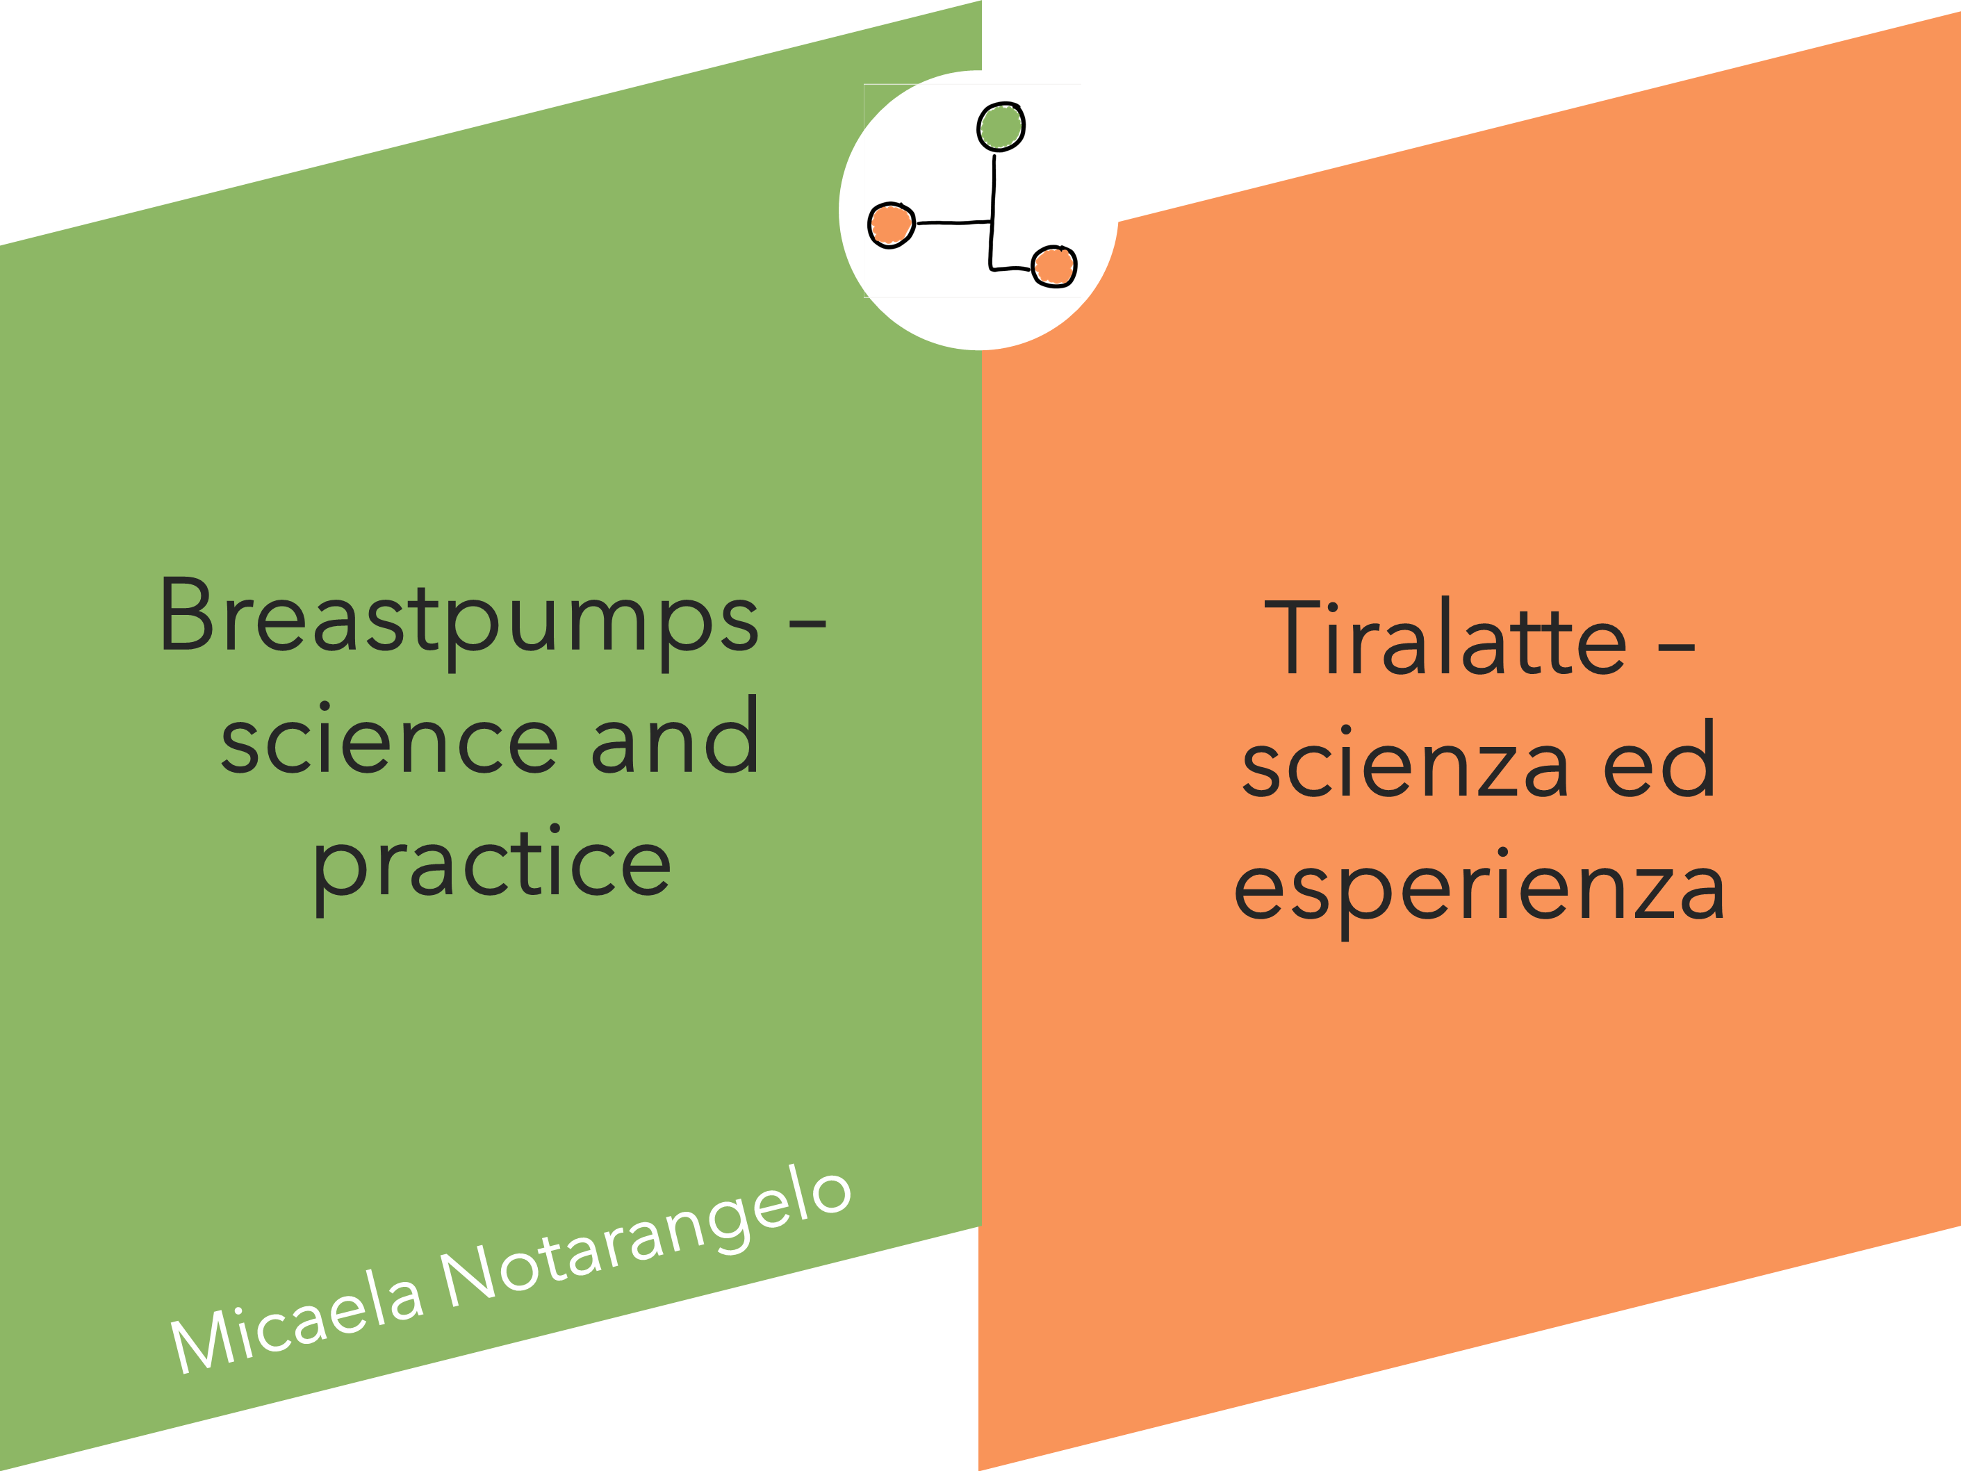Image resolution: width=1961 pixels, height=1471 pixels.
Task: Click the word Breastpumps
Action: pos(459,623)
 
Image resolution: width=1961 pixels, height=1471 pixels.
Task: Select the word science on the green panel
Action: pos(390,741)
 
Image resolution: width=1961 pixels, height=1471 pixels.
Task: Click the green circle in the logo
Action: pos(1001,126)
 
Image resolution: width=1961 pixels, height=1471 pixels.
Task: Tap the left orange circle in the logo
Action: pos(891,225)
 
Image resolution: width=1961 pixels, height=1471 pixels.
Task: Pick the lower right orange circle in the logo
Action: pos(1054,267)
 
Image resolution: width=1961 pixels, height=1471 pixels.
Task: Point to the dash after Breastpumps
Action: pos(807,624)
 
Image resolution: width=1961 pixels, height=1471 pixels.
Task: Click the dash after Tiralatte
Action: pos(1676,648)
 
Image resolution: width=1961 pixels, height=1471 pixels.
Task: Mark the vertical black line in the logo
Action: pos(993,212)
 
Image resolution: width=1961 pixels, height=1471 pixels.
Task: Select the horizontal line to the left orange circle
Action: pos(953,222)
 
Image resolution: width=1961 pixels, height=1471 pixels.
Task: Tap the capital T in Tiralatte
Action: pos(1292,636)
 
